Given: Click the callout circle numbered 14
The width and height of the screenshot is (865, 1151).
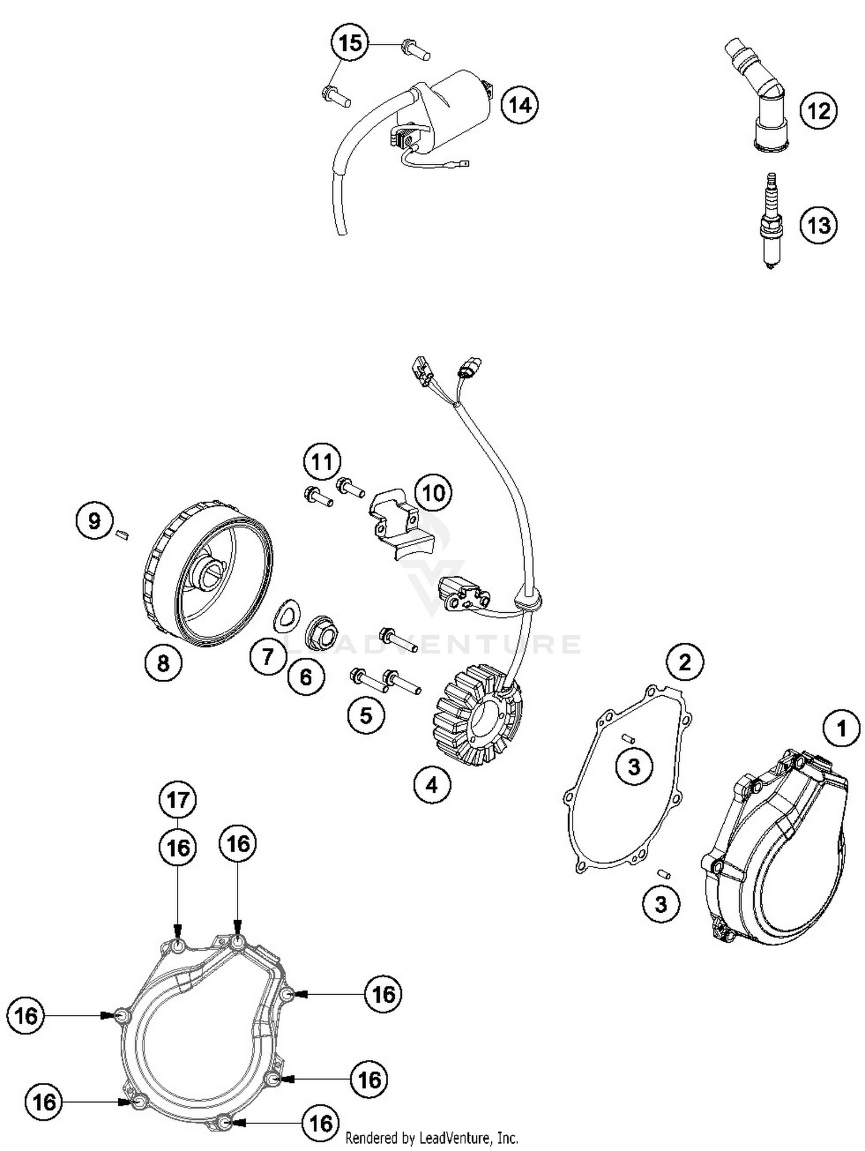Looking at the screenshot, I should tap(519, 105).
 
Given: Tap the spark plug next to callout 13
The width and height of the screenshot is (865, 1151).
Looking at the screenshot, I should tap(771, 223).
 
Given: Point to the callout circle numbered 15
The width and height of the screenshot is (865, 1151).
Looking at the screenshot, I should tap(350, 43).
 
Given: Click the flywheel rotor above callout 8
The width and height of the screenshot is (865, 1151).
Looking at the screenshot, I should tap(208, 574).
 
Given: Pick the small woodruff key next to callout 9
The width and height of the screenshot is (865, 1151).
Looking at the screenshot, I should tap(122, 535).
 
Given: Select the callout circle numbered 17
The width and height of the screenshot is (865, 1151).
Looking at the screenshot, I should tap(178, 800).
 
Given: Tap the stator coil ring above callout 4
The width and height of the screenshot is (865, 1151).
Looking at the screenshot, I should tap(478, 715).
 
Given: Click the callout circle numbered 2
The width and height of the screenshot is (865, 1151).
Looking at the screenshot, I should tap(685, 662).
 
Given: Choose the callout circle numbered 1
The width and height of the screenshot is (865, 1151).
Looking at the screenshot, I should tap(841, 728).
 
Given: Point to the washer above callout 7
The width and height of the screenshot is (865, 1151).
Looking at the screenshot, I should tap(287, 615).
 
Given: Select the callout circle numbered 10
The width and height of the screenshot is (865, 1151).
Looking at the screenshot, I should tap(434, 493).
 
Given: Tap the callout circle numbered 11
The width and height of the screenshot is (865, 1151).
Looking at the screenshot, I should tap(322, 462).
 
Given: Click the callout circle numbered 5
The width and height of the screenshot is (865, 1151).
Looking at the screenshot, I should tap(366, 715).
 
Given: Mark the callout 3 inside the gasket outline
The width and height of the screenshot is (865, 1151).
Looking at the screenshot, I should tap(634, 767).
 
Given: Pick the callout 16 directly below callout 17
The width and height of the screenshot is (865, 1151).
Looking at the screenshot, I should tap(178, 848).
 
